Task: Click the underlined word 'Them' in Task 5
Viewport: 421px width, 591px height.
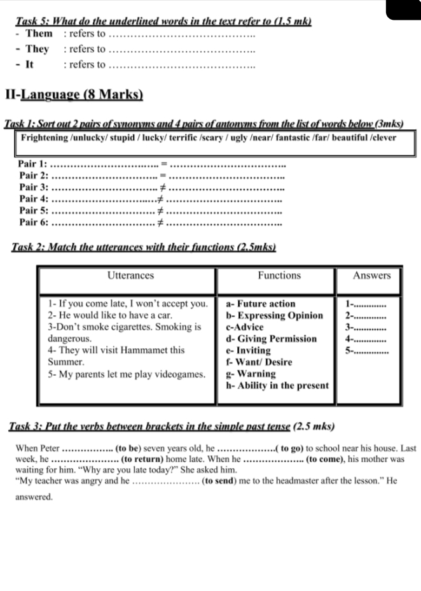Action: click(x=39, y=33)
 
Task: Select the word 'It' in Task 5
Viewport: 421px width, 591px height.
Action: click(x=29, y=64)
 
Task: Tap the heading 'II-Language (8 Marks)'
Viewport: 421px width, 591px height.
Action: click(x=74, y=95)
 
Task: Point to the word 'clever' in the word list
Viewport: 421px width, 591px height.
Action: click(x=382, y=138)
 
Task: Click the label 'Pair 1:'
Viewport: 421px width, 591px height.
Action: click(x=34, y=164)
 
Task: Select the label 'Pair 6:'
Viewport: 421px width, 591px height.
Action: click(x=34, y=222)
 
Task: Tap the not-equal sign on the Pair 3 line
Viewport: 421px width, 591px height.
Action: click(x=162, y=187)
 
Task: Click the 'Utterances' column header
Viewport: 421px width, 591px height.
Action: click(x=130, y=275)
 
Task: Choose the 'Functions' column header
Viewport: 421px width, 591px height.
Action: click(x=279, y=275)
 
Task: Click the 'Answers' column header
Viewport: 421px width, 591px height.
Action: click(x=372, y=275)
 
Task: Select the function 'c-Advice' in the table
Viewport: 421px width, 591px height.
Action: click(x=245, y=327)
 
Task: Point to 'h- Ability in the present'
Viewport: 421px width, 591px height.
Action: click(x=278, y=385)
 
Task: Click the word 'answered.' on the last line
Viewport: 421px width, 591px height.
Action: click(x=34, y=497)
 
